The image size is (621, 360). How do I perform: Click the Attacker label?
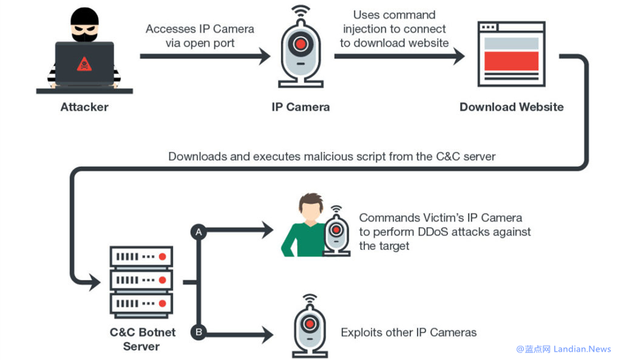84,107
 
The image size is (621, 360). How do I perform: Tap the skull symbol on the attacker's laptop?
84,64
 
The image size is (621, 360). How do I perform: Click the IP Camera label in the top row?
300,107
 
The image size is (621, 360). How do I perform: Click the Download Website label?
511,107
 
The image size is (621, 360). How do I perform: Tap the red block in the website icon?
511,61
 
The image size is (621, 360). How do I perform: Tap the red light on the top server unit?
162,257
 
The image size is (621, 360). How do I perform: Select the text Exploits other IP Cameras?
409,333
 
